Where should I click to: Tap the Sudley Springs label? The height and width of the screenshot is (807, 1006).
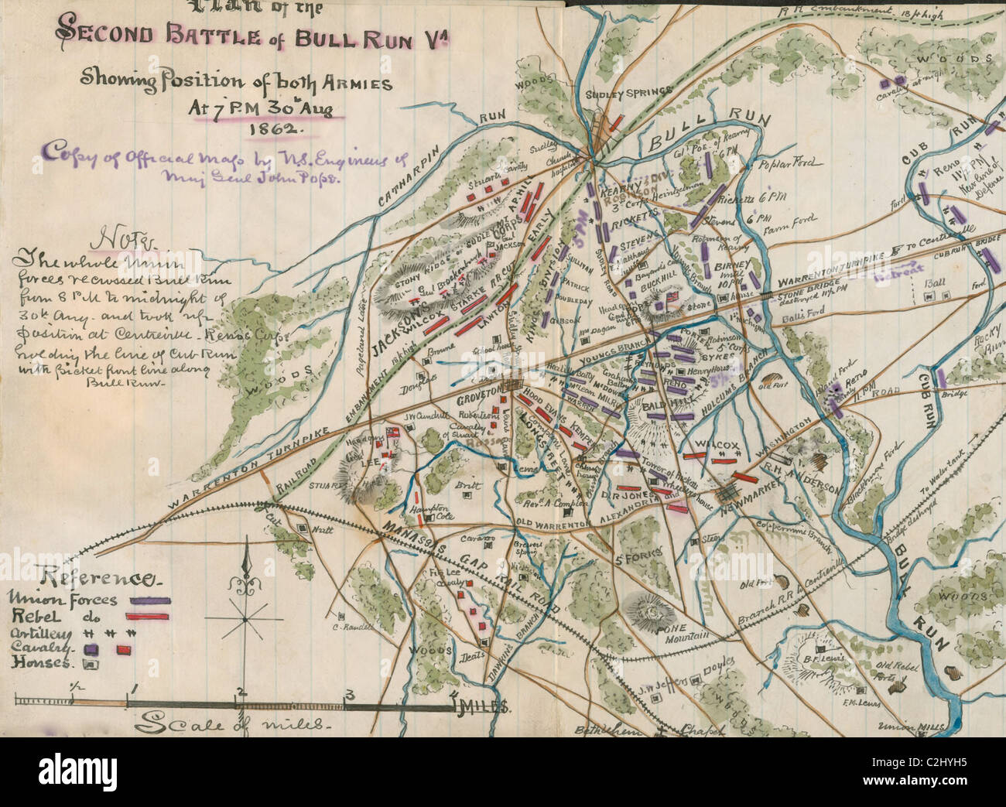628,92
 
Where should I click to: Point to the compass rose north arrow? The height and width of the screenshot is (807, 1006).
246,565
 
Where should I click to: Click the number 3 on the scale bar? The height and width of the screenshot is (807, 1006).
350,692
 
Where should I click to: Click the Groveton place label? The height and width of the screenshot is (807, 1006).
481,399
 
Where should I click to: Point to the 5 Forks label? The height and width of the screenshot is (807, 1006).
631,560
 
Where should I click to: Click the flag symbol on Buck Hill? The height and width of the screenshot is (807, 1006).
675,297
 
